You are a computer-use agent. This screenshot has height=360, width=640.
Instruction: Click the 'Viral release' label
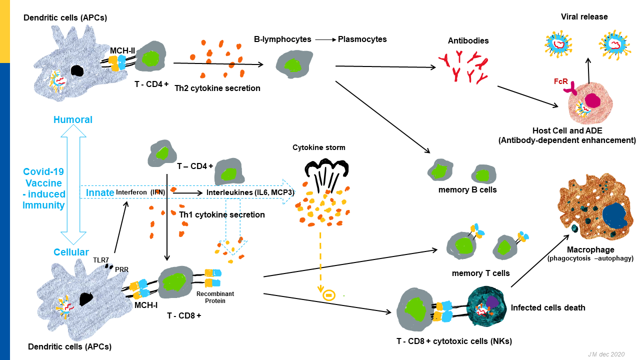584,17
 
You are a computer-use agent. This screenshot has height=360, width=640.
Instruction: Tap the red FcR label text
560,80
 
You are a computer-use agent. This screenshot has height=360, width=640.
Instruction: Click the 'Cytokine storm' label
319,147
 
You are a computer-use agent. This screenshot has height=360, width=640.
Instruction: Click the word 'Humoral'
73,119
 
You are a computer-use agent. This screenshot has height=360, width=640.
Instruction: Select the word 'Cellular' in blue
71,252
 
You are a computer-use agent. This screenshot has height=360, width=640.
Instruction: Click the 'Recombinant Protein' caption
215,297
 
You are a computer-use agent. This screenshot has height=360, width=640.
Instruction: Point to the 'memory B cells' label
467,190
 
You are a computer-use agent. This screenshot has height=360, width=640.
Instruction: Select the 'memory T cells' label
480,273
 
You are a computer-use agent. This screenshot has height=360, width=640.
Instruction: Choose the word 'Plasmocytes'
362,39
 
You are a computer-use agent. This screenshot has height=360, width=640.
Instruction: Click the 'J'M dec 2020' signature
606,354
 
